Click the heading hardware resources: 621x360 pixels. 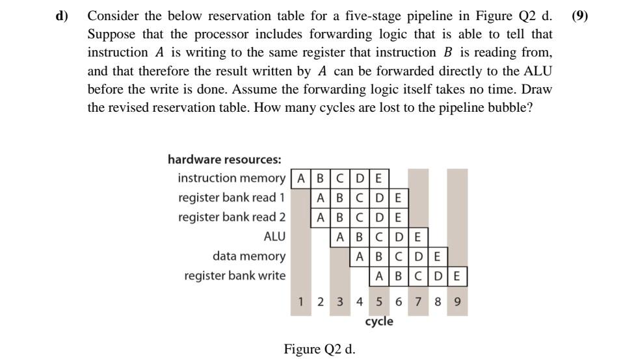224,159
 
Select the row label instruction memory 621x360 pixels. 231,178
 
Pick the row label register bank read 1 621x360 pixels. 231,198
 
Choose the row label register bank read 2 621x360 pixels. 231,217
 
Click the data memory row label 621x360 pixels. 248,256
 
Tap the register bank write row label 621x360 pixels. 235,276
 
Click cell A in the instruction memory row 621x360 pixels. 301,178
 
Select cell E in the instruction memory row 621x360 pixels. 379,178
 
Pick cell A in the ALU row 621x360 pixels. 340,237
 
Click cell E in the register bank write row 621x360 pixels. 457,276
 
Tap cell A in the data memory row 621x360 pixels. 360,256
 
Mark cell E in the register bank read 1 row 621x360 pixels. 399,198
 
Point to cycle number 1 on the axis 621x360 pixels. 301,302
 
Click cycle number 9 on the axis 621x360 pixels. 457,302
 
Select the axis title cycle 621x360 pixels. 379,322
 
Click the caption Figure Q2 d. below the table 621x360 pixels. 319,349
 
